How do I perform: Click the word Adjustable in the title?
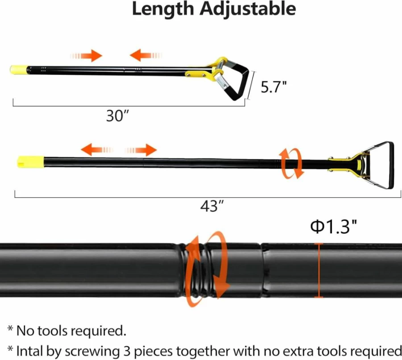248,9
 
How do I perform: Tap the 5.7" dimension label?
274,87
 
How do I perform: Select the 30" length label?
117,116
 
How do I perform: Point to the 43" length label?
212,206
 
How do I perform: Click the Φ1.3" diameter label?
333,227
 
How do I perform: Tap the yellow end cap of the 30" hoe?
18,70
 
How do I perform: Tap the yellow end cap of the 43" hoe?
30,162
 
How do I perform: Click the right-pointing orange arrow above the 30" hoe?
86,56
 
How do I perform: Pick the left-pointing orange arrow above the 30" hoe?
146,55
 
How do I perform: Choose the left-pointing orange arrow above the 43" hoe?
97,150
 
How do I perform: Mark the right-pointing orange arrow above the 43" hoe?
141,150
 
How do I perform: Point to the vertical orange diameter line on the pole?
319,270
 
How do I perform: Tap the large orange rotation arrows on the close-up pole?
207,269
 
